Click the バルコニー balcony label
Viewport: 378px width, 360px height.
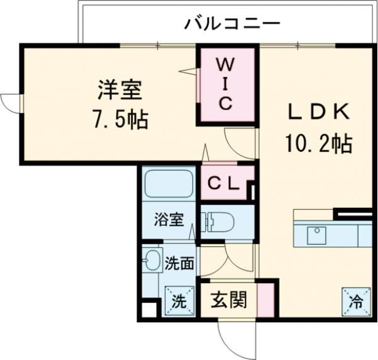coord(232,25)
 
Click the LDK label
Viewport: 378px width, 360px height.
coord(318,112)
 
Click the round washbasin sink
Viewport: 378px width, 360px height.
coord(151,260)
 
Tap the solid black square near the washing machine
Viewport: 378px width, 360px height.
coord(149,310)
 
